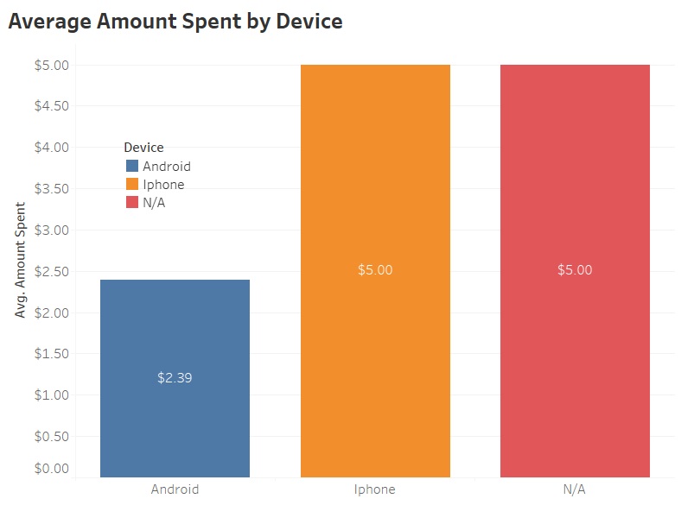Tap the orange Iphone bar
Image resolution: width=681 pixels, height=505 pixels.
point(375,173)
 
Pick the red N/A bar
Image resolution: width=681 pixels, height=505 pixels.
point(575,173)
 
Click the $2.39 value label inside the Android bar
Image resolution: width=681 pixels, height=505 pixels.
point(175,377)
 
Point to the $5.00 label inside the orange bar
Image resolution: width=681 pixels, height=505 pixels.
point(375,269)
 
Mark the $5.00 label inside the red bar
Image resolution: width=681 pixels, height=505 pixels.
point(575,269)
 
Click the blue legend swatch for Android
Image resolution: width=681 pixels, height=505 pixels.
point(132,167)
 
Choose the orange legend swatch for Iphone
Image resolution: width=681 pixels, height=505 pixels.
point(132,184)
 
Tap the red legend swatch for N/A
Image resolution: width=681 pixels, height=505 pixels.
point(132,202)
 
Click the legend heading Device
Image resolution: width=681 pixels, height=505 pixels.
point(143,148)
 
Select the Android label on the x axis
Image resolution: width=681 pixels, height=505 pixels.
point(175,489)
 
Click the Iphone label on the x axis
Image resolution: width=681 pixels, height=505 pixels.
point(375,489)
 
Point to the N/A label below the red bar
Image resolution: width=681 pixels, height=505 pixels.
point(575,489)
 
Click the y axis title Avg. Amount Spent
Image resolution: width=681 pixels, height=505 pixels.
point(21,260)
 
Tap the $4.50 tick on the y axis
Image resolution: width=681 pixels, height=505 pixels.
point(52,106)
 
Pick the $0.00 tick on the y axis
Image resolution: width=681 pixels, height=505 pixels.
point(52,469)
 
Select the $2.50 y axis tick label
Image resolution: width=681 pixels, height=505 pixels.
point(52,271)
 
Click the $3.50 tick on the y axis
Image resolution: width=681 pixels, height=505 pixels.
point(52,189)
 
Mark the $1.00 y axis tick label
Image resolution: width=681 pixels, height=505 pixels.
point(52,395)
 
